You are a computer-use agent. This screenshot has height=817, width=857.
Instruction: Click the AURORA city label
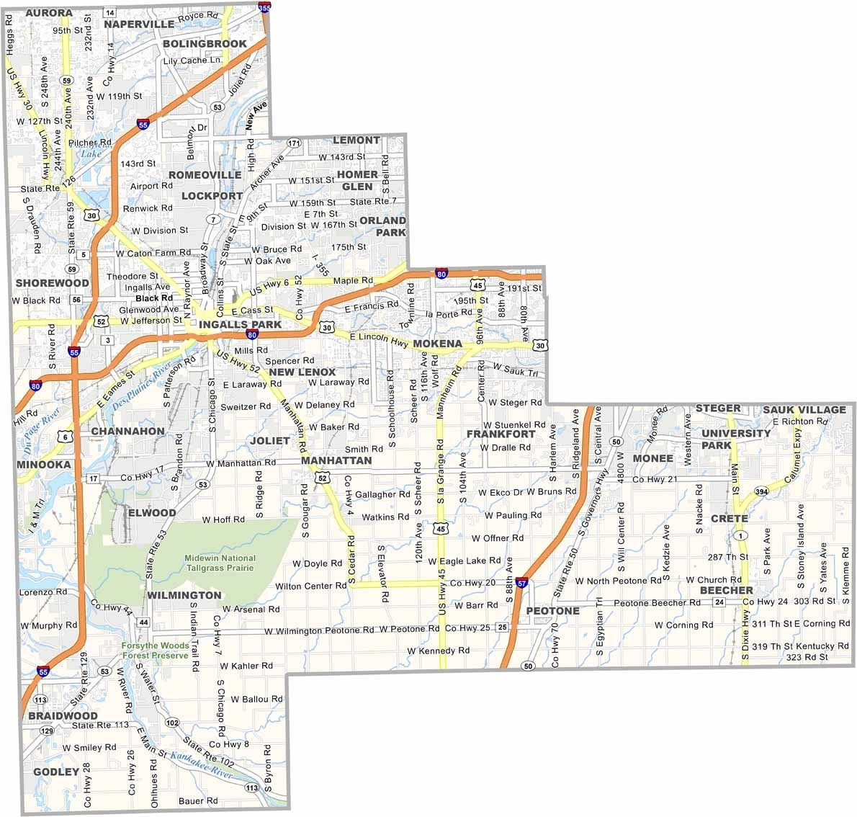[48, 13]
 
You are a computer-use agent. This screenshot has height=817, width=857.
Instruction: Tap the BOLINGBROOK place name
[205, 44]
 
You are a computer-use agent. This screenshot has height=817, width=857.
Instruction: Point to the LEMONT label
[356, 140]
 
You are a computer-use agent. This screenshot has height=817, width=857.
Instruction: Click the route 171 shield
[293, 143]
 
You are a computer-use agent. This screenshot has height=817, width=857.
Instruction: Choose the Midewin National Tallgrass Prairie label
[220, 563]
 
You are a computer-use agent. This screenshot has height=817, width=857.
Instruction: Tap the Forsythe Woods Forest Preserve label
[155, 651]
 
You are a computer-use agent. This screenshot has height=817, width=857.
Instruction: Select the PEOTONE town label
[552, 611]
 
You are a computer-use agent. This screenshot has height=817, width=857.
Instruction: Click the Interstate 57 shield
[522, 582]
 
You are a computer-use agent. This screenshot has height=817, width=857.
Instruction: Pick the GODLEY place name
[55, 772]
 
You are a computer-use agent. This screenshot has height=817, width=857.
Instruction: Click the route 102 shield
[172, 723]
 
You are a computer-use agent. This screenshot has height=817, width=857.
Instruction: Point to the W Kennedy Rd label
[438, 651]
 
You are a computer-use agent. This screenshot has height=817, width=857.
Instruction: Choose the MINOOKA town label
[44, 465]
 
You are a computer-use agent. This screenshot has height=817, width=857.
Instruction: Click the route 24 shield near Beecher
[719, 602]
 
